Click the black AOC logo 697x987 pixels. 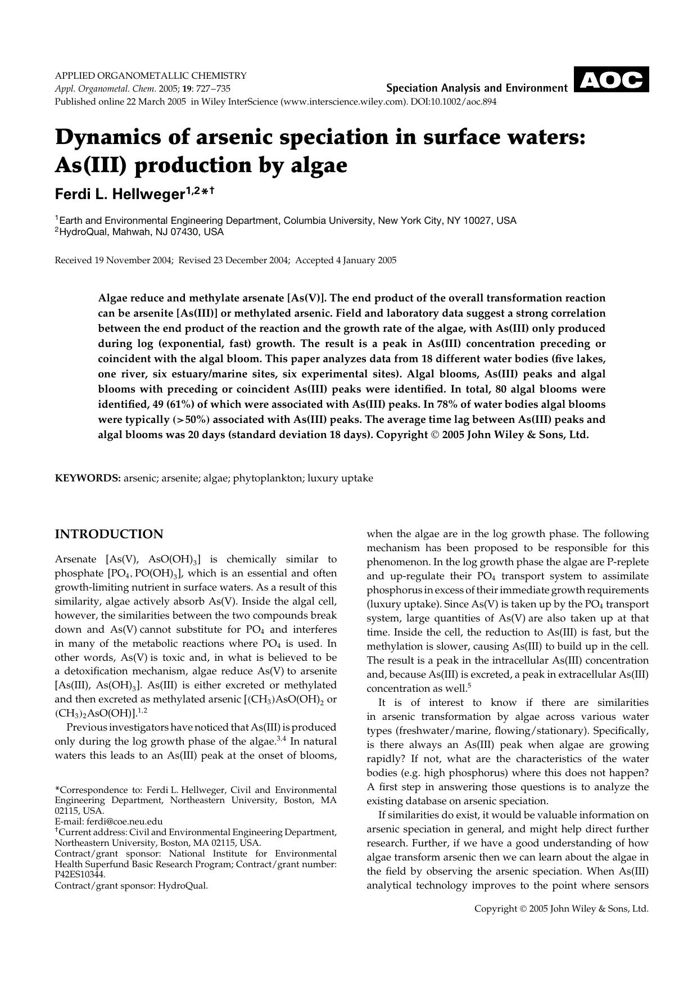[x=611, y=80]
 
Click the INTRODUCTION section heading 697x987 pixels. [x=109, y=534]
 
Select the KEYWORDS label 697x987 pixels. [x=88, y=479]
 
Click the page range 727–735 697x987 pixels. [x=211, y=88]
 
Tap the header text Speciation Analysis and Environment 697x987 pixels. [x=477, y=88]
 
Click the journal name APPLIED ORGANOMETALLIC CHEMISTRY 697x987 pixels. [x=151, y=75]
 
